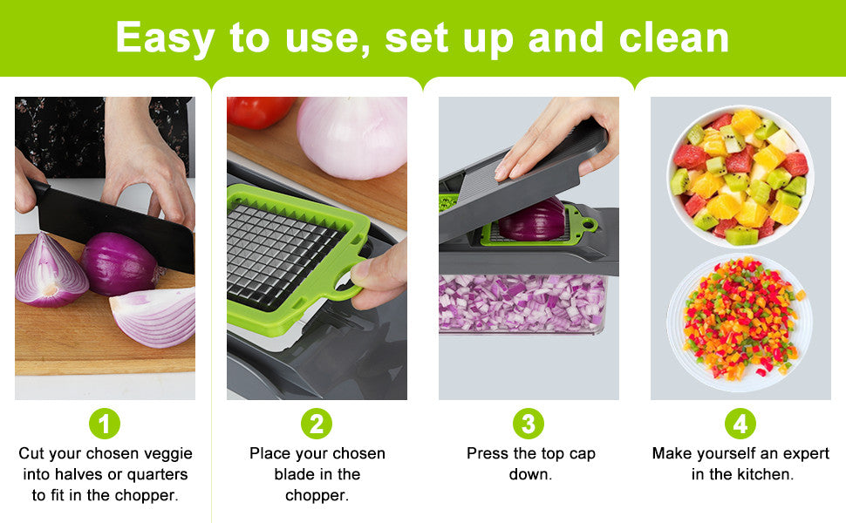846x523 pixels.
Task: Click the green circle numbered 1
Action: [x=105, y=425]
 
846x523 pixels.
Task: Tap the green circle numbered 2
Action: [x=317, y=425]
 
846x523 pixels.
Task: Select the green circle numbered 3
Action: [x=528, y=425]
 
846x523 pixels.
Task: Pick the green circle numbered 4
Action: [x=740, y=425]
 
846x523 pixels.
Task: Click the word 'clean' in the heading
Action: [x=674, y=37]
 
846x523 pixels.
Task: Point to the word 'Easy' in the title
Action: [x=166, y=37]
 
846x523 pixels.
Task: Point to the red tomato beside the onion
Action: [x=259, y=111]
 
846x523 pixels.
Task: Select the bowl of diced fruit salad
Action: [x=740, y=175]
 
